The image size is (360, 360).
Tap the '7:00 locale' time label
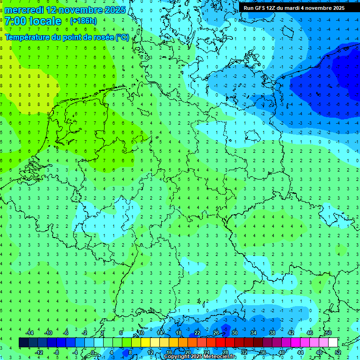33,21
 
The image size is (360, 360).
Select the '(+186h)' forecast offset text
83,21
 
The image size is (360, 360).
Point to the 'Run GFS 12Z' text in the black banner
261,8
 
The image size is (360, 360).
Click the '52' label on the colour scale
337,352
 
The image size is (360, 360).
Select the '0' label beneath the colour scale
93,352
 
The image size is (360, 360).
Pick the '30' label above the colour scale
234,333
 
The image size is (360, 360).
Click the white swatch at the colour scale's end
333,343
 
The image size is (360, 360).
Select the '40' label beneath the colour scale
281,352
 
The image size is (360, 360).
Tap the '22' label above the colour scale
197,333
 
